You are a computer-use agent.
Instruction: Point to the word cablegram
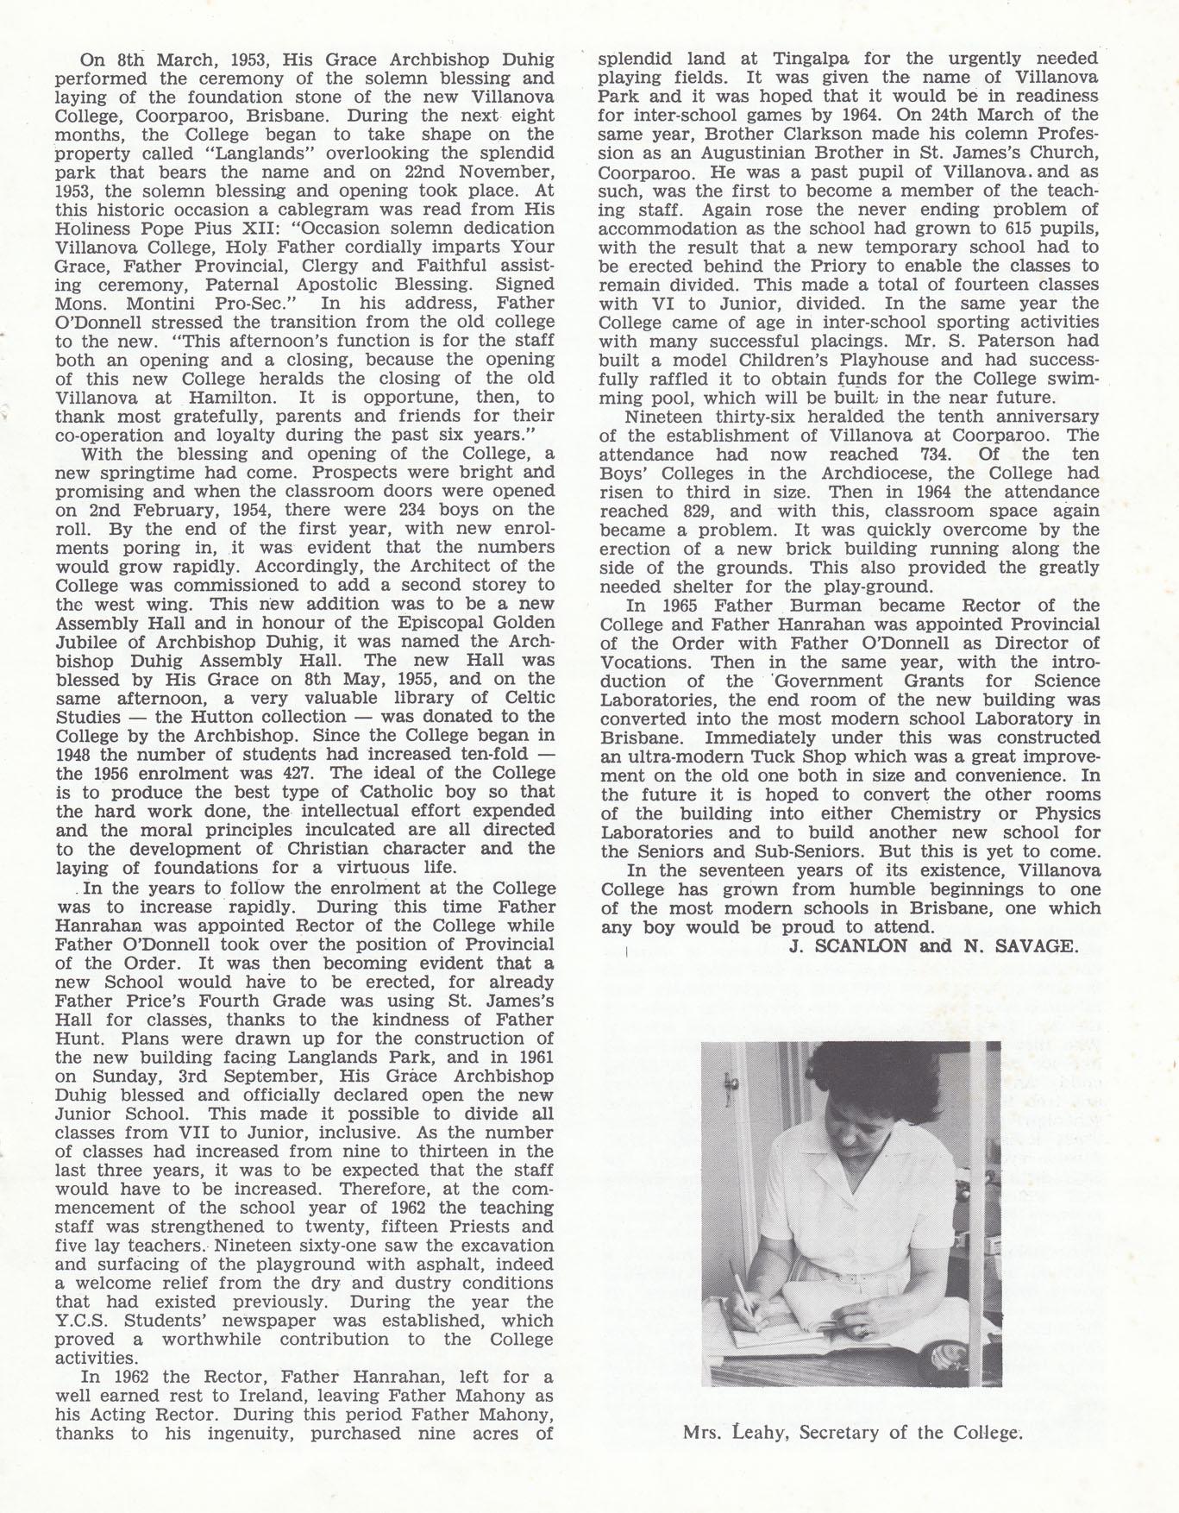[293, 210]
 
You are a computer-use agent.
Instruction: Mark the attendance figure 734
[923, 454]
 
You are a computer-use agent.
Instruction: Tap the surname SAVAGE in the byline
[1034, 946]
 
